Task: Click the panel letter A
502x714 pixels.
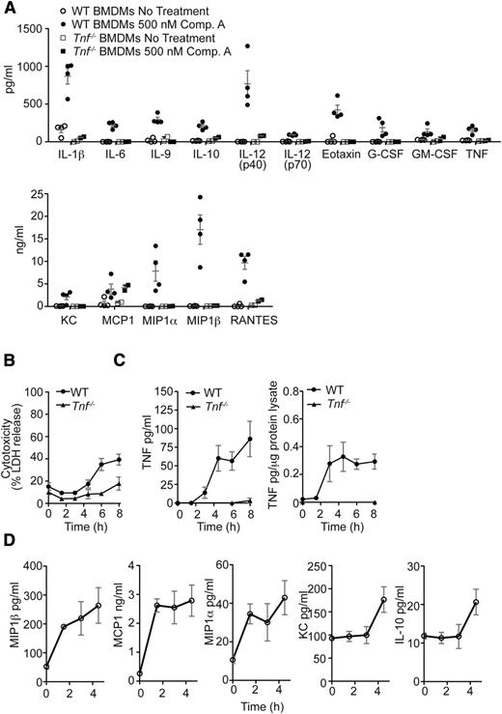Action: coord(8,8)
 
